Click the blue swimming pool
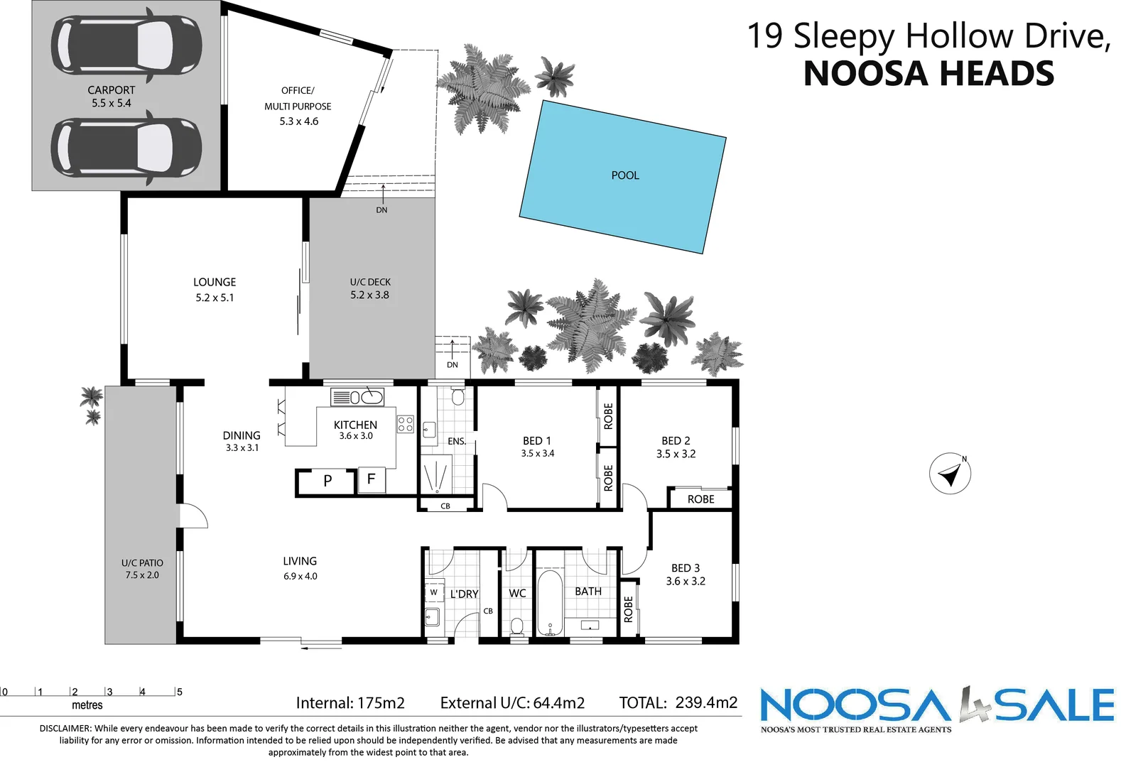click(x=622, y=176)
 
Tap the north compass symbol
click(x=950, y=474)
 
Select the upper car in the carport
click(x=126, y=45)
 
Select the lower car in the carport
click(x=126, y=148)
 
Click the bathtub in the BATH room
click(x=550, y=603)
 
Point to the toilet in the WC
click(x=517, y=626)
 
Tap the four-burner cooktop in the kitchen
click(x=406, y=425)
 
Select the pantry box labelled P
click(x=327, y=482)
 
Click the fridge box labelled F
click(x=371, y=479)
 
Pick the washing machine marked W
click(x=433, y=592)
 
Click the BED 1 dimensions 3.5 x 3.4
click(x=537, y=453)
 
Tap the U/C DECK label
click(x=370, y=282)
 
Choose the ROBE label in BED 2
click(x=700, y=499)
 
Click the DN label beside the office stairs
click(x=381, y=210)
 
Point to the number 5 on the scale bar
click(x=180, y=692)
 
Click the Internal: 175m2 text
click(x=350, y=703)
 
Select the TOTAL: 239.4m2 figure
click(x=678, y=702)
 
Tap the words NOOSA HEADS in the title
click(x=928, y=74)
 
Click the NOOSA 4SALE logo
click(x=936, y=707)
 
